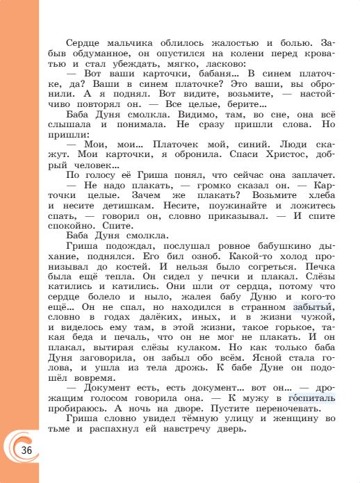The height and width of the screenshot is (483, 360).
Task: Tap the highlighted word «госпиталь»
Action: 310,399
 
